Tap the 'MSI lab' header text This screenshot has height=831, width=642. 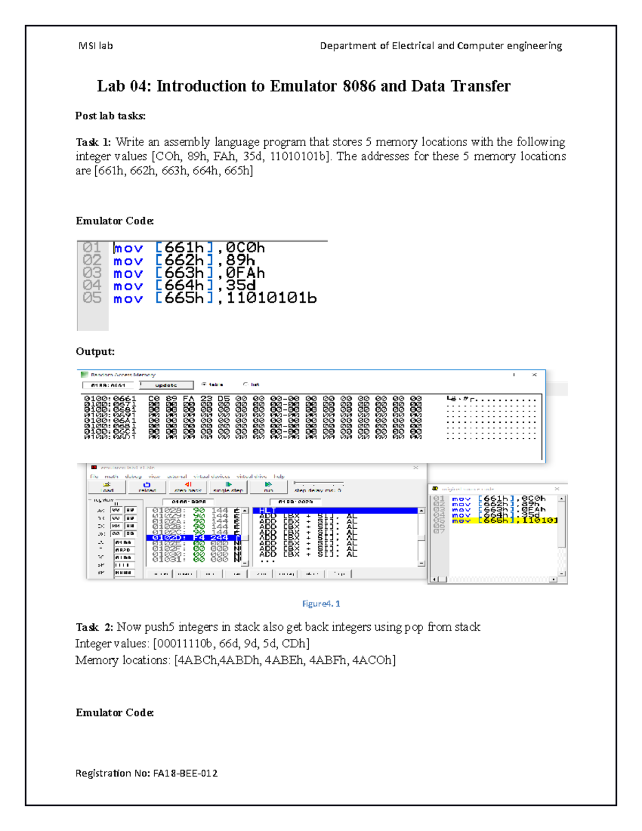click(x=95, y=46)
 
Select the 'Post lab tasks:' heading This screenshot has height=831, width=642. click(x=110, y=116)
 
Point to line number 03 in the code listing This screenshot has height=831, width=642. click(x=92, y=273)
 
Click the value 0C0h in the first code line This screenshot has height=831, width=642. click(x=245, y=248)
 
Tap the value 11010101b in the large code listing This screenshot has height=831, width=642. click(x=271, y=299)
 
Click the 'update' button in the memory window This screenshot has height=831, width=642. click(x=166, y=385)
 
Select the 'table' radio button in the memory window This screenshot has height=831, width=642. click(x=204, y=384)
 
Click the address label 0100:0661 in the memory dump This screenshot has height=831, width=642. click(x=110, y=399)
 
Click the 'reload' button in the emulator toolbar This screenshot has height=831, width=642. click(x=147, y=487)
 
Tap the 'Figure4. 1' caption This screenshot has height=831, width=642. click(x=321, y=604)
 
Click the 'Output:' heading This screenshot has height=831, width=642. click(x=95, y=352)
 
